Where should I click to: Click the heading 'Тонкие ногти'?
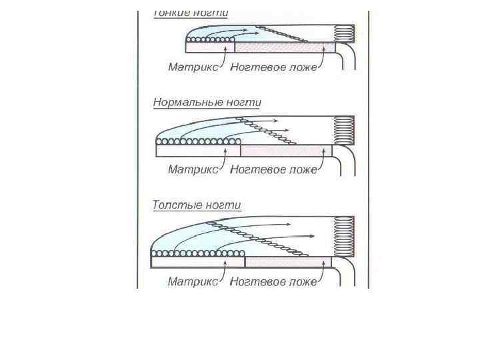(x=191, y=13)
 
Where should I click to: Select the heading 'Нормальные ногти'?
(x=207, y=103)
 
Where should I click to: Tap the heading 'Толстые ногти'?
(x=197, y=205)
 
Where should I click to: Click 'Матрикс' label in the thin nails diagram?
(x=193, y=67)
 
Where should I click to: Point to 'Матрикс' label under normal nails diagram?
(x=193, y=169)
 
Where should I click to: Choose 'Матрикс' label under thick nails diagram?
(x=193, y=282)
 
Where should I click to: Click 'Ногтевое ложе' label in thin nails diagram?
(x=273, y=67)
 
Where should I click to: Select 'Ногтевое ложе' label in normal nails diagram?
(x=273, y=169)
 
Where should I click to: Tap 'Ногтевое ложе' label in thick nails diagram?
(x=273, y=282)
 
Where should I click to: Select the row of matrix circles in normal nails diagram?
(x=198, y=141)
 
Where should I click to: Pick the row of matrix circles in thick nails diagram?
(x=198, y=253)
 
